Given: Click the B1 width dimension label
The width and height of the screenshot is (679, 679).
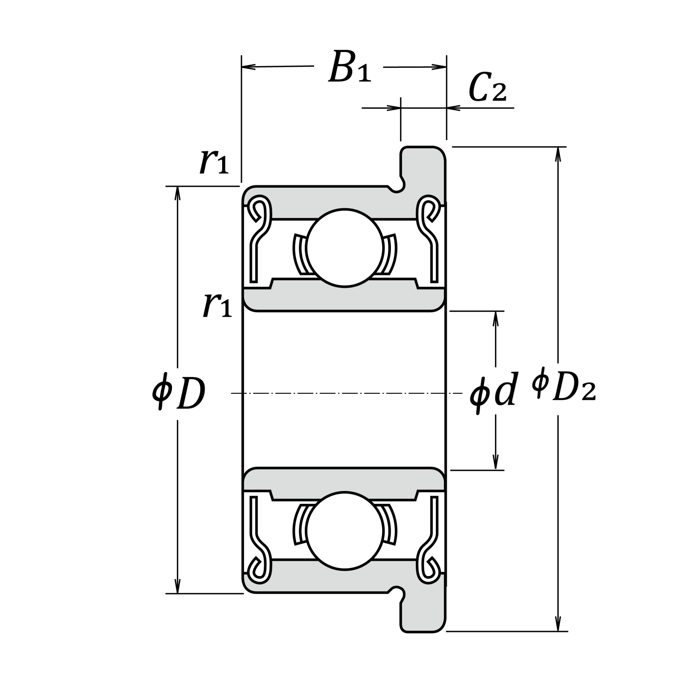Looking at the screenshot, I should click(x=350, y=67).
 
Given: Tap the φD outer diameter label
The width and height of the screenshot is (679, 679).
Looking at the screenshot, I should click(x=179, y=394).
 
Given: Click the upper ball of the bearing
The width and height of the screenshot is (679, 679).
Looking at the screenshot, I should click(x=344, y=248).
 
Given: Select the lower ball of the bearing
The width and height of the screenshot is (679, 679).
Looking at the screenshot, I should click(x=344, y=531).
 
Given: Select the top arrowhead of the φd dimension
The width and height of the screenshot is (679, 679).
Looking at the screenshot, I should click(x=496, y=318).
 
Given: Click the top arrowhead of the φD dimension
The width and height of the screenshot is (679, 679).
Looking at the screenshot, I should click(x=177, y=193).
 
